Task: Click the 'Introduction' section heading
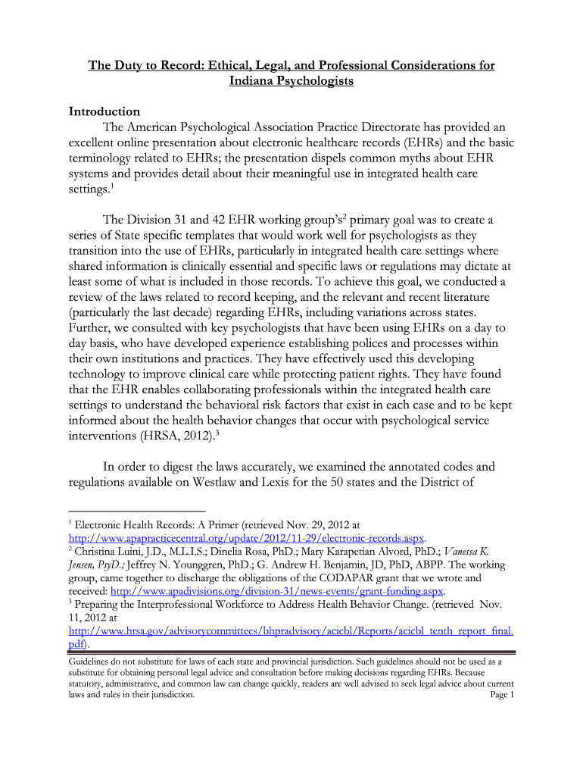[104, 111]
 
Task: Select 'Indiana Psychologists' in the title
[291, 80]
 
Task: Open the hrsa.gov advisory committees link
[291, 630]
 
